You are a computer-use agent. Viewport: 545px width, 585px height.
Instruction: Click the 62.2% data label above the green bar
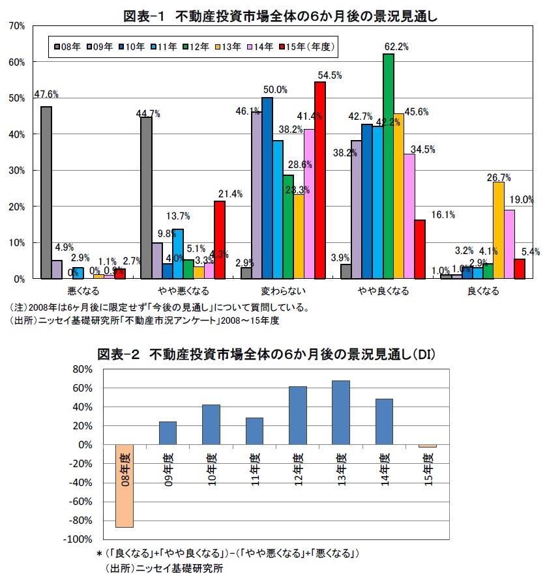[x=396, y=47]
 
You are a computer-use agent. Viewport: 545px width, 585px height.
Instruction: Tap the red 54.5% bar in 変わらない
[x=319, y=180]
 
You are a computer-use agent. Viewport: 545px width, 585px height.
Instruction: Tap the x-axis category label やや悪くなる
[x=175, y=291]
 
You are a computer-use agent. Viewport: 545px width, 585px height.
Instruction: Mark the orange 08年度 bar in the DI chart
[x=125, y=486]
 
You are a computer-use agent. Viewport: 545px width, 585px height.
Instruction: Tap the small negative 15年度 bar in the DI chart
[x=428, y=446]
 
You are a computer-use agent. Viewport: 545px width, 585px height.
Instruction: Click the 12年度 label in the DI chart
[x=298, y=468]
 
